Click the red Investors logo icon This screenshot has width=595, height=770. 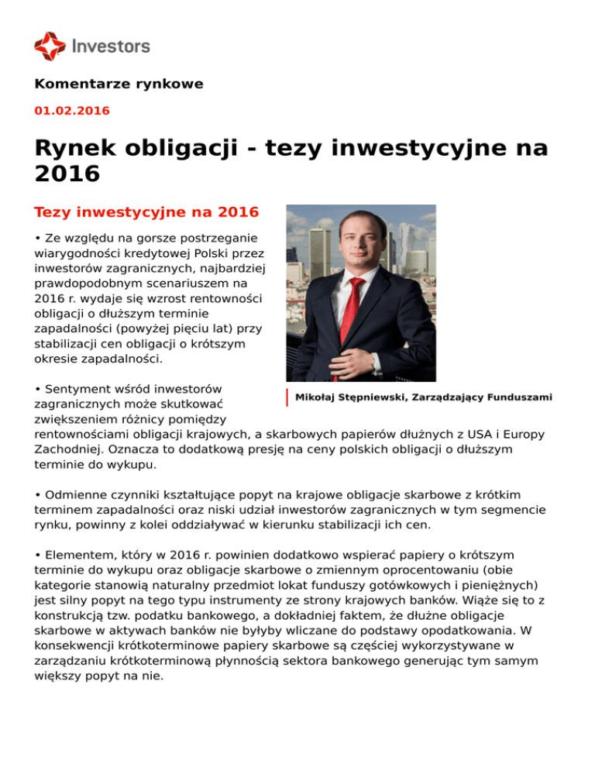pyautogui.click(x=50, y=46)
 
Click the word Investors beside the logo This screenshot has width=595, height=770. pyautogui.click(x=110, y=46)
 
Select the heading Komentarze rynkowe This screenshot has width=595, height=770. pyautogui.click(x=119, y=84)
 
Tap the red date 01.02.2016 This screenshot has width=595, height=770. pyautogui.click(x=72, y=111)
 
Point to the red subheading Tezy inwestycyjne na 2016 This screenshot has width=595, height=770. pyautogui.click(x=146, y=211)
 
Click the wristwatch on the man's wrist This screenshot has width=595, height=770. pyautogui.click(x=376, y=361)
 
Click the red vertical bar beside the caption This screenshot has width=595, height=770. pyautogui.click(x=287, y=397)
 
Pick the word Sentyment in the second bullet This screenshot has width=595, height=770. pyautogui.click(x=75, y=388)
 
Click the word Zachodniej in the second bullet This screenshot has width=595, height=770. pyautogui.click(x=69, y=449)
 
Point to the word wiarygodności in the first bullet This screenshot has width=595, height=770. pyautogui.click(x=80, y=253)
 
